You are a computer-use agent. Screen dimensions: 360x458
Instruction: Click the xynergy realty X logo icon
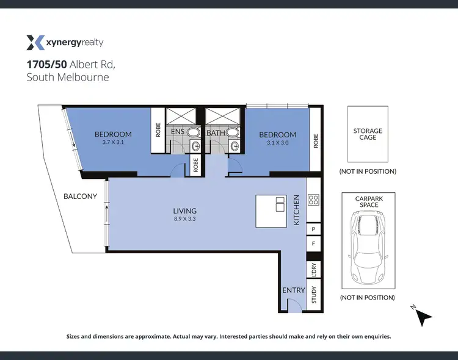[35, 42]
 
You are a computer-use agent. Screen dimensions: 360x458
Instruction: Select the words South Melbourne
[67, 77]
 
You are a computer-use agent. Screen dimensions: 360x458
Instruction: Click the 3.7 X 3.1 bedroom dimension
[113, 142]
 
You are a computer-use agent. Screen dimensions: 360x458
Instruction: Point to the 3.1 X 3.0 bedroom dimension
[277, 142]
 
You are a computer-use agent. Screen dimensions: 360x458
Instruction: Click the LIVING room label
[184, 211]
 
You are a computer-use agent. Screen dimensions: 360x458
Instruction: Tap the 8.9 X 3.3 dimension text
[184, 218]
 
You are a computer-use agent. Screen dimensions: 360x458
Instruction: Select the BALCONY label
[80, 196]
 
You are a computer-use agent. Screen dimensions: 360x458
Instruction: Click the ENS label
[177, 132]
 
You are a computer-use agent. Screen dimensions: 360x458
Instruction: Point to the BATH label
[216, 132]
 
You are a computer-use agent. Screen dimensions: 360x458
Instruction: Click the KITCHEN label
[297, 210]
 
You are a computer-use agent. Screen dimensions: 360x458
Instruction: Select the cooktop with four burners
[313, 199]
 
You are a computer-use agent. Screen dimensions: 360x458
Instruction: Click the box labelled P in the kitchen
[313, 229]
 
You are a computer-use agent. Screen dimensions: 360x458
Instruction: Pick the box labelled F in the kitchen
[313, 243]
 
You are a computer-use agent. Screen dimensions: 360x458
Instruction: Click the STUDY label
[314, 296]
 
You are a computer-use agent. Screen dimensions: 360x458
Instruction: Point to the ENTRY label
[293, 290]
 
